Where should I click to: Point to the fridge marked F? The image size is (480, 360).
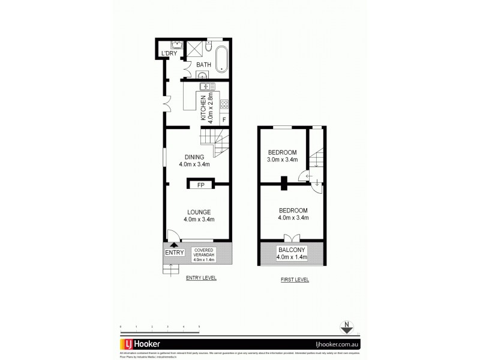coord(224,119)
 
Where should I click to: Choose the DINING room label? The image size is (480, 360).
coord(196,157)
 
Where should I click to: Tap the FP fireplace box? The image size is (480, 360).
coord(200,185)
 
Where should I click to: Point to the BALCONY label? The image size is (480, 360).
coord(291,250)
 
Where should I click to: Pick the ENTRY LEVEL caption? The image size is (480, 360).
coord(201,278)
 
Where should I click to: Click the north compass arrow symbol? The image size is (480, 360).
coord(346,328)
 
